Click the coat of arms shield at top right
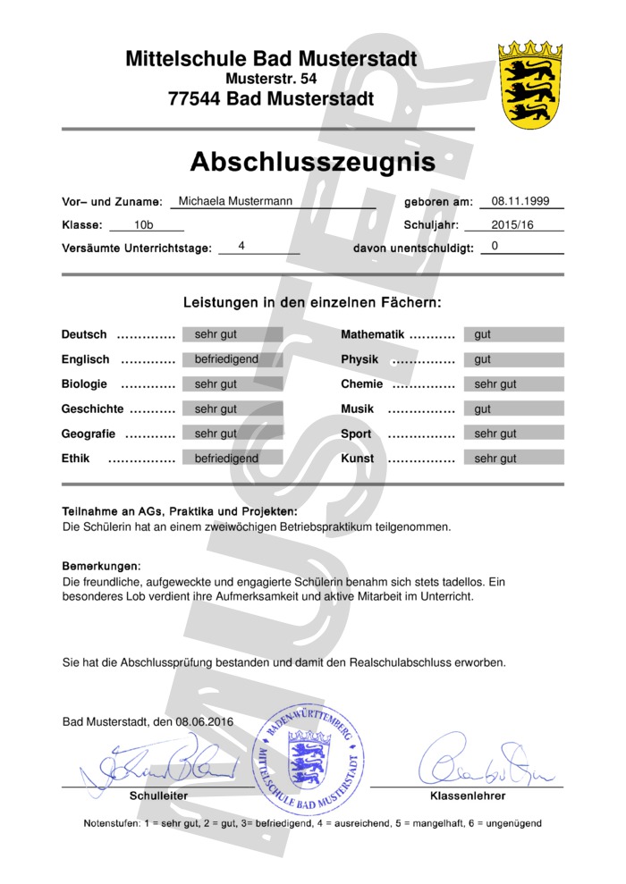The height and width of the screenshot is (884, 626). (x=529, y=85)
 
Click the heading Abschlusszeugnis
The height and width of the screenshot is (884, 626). (x=312, y=162)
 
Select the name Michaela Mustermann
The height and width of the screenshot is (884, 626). (x=235, y=201)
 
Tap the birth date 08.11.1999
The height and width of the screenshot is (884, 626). (x=520, y=201)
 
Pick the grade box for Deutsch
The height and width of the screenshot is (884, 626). (x=232, y=334)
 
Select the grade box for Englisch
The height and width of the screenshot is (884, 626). (x=232, y=359)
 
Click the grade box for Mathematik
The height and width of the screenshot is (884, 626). (x=512, y=334)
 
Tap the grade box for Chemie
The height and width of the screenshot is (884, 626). (x=512, y=384)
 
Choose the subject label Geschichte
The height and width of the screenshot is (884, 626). (x=92, y=408)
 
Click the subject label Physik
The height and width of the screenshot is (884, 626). (x=360, y=359)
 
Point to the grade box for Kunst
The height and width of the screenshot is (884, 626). (x=512, y=459)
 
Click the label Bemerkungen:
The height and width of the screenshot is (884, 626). (x=101, y=567)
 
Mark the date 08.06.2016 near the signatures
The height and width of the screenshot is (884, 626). (x=204, y=721)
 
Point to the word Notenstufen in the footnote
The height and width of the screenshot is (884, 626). (x=111, y=823)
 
